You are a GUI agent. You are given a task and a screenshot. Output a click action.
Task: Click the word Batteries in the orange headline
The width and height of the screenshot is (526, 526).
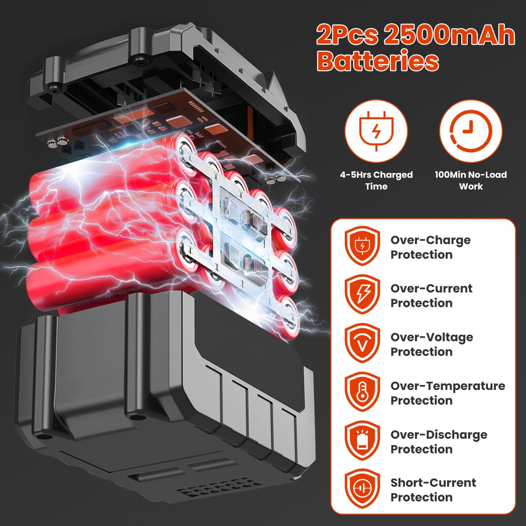[378, 60]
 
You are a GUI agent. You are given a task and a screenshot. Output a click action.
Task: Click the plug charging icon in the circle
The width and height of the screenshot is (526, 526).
[376, 131]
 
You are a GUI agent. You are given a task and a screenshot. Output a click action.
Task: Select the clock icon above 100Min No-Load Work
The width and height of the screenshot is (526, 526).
[471, 131]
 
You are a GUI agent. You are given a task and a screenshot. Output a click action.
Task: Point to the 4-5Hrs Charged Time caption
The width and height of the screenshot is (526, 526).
[376, 180]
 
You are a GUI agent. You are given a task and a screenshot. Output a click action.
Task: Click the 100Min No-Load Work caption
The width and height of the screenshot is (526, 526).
[471, 180]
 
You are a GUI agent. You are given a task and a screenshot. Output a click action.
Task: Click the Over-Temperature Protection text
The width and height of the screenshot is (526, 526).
[448, 393]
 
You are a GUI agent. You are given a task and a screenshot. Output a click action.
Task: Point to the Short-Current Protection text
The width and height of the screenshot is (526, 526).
[433, 490]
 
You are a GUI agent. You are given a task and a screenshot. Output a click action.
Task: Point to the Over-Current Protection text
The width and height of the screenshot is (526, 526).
[432, 296]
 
